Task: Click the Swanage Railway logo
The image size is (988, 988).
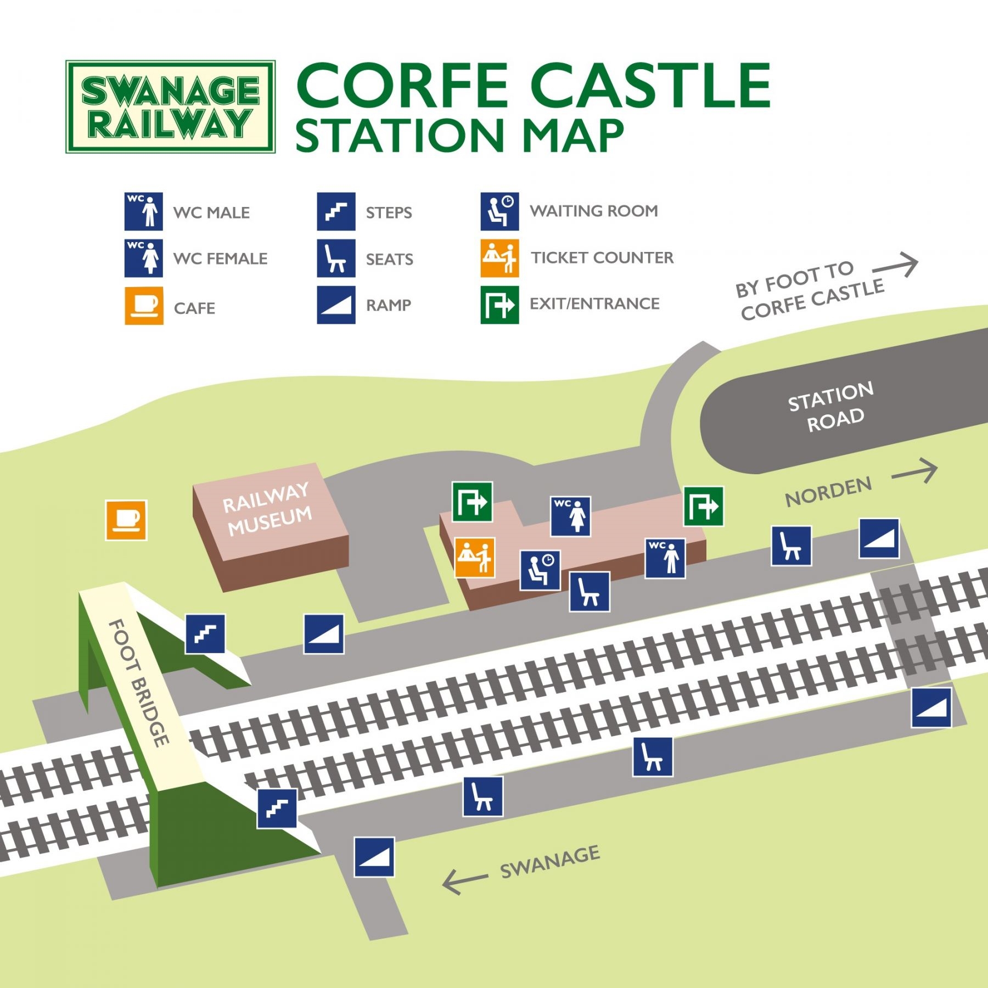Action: [x=170, y=106]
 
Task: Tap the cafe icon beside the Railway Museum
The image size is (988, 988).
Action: [x=126, y=520]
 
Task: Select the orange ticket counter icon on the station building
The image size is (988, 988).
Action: [x=475, y=557]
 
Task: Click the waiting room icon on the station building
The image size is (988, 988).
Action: [x=540, y=570]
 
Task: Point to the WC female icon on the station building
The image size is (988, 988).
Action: [x=571, y=516]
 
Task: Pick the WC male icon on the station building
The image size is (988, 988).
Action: [x=665, y=558]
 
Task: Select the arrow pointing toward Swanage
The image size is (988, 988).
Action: [x=464, y=880]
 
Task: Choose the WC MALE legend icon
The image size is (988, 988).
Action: [x=144, y=211]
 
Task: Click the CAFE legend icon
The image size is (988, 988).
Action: [x=144, y=306]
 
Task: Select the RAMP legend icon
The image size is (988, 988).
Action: [x=336, y=305]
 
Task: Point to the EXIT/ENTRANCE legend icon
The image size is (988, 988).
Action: [x=499, y=305]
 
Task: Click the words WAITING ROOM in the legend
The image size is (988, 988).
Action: [x=594, y=211]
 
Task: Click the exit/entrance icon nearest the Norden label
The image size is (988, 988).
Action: [x=704, y=506]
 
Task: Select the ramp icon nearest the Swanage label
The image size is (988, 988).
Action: [x=374, y=857]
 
